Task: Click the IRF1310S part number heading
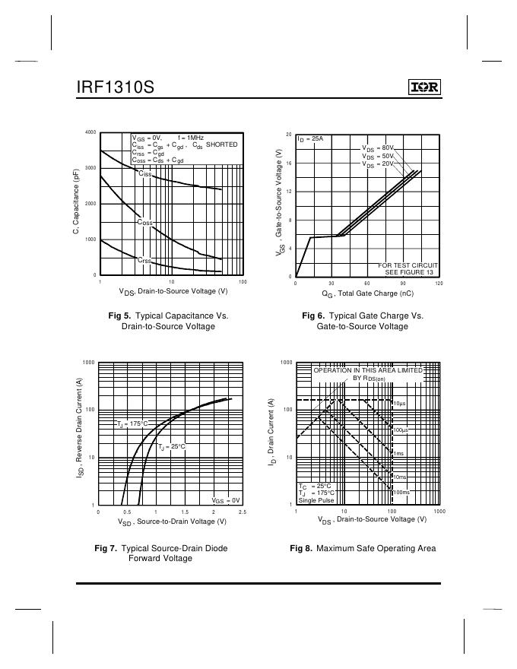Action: pos(115,87)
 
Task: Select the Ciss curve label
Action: pos(144,174)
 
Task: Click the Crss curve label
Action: pos(144,260)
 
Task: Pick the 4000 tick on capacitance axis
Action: pos(90,132)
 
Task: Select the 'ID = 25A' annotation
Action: pos(310,139)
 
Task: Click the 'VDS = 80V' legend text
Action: pos(378,148)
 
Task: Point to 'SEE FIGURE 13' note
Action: pos(411,271)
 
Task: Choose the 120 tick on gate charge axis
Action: pos(439,283)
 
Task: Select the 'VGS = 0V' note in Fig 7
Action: pos(226,499)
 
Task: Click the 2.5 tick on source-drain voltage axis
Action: pos(243,512)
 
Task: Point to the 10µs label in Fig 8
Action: pos(399,402)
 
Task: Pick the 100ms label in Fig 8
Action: pos(400,493)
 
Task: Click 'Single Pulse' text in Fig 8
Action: pos(316,500)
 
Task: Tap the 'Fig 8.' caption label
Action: pos(301,547)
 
